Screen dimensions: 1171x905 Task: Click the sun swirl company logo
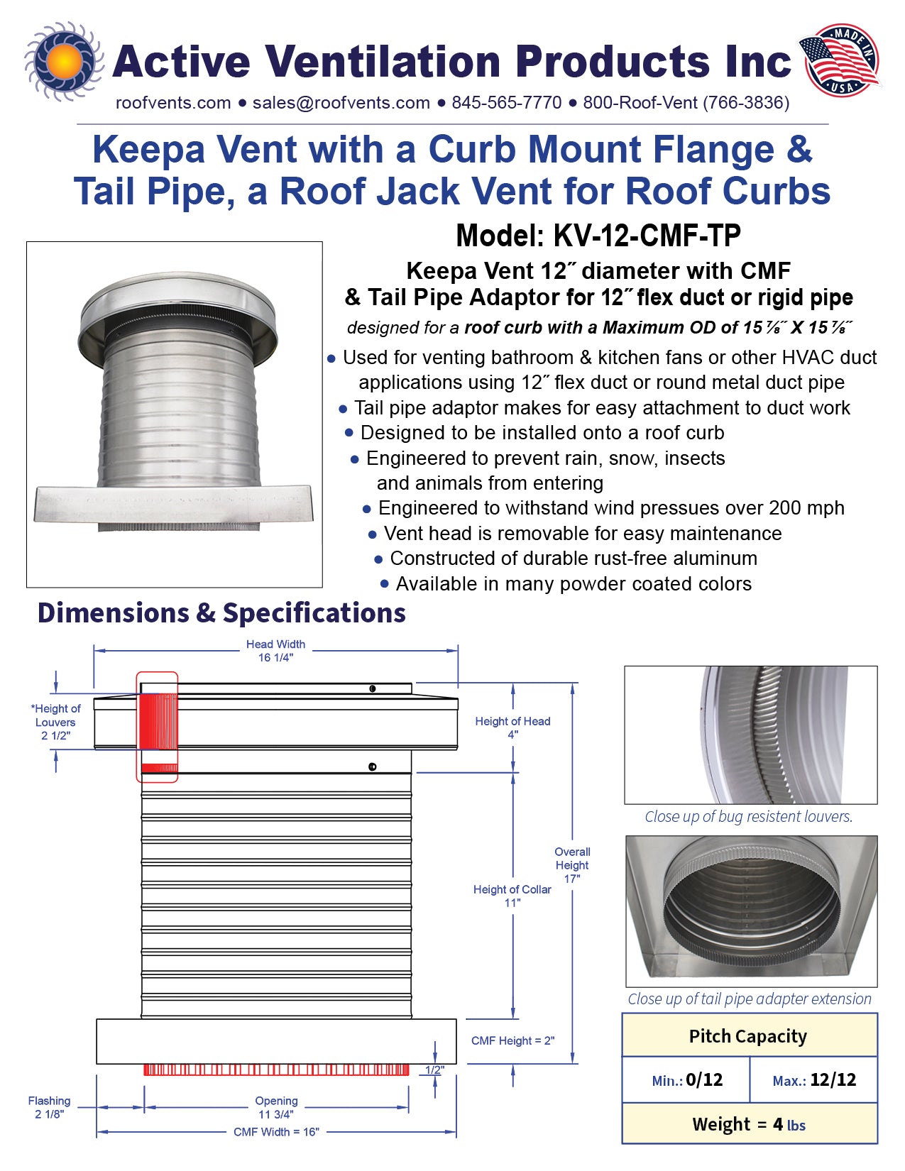click(x=64, y=61)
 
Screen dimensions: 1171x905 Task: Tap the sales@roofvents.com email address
click(x=341, y=103)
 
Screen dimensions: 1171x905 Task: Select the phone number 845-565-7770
click(x=506, y=103)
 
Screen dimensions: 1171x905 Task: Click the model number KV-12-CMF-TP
click(x=598, y=236)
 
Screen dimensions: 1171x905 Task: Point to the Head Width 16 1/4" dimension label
click(x=275, y=651)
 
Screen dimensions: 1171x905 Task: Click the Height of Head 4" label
click(x=512, y=727)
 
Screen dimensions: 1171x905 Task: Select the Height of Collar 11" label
click(x=512, y=896)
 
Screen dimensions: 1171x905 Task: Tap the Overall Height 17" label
click(x=572, y=864)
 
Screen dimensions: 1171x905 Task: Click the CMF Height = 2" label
click(x=512, y=1040)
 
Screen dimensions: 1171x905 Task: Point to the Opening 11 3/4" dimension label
click(x=276, y=1107)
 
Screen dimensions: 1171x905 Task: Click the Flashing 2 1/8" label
click(x=49, y=1107)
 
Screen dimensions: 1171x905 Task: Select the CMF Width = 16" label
click(x=276, y=1132)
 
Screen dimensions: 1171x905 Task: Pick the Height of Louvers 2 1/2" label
click(x=56, y=722)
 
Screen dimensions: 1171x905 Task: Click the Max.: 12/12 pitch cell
click(x=813, y=1080)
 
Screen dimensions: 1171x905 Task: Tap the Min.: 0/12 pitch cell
click(x=686, y=1080)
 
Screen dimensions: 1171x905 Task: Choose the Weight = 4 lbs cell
click(x=749, y=1124)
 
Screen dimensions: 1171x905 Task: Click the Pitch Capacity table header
click(x=748, y=1036)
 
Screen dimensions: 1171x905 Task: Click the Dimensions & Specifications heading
click(x=221, y=613)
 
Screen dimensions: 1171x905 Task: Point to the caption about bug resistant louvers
click(x=748, y=817)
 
